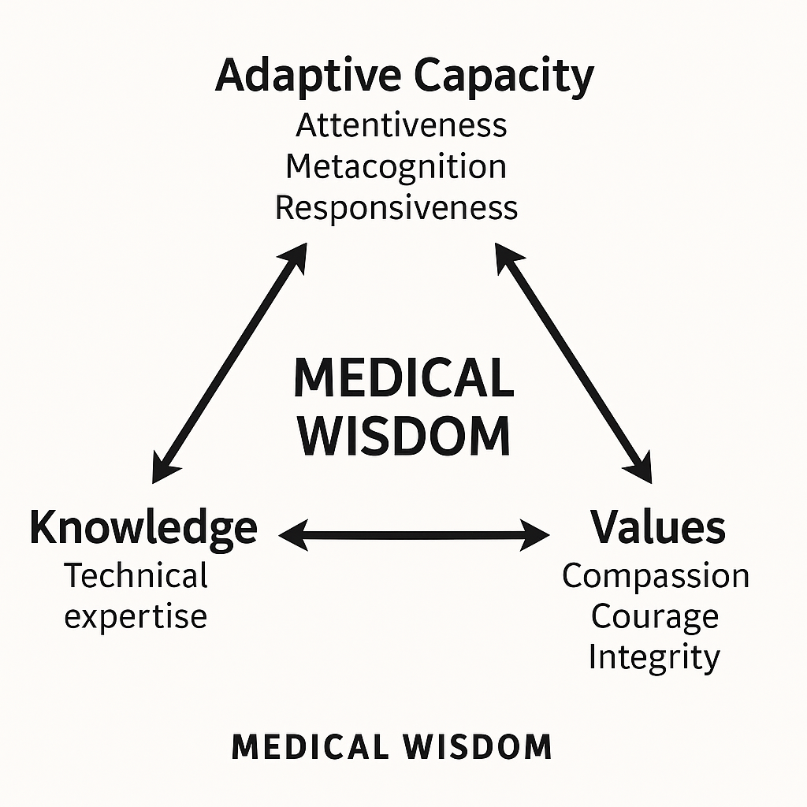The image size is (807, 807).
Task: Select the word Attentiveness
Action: pos(401,125)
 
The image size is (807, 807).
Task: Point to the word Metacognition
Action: pos(396,166)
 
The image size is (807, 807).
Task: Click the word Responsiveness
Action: pos(396,207)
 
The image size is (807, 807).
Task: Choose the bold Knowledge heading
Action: pos(143,528)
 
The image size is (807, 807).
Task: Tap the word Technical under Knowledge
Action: pos(136,575)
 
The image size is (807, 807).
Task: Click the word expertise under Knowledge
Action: pos(136,615)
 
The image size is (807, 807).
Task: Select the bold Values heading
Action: pos(658,527)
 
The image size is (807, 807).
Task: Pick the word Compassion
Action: pos(656,575)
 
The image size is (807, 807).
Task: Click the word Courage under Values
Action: pos(655,616)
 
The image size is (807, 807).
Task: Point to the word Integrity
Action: pos(654,657)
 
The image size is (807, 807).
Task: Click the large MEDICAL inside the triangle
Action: pos(403,378)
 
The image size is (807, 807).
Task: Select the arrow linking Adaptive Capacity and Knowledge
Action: pos(229,363)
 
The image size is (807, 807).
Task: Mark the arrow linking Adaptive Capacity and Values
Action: pos(574,363)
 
